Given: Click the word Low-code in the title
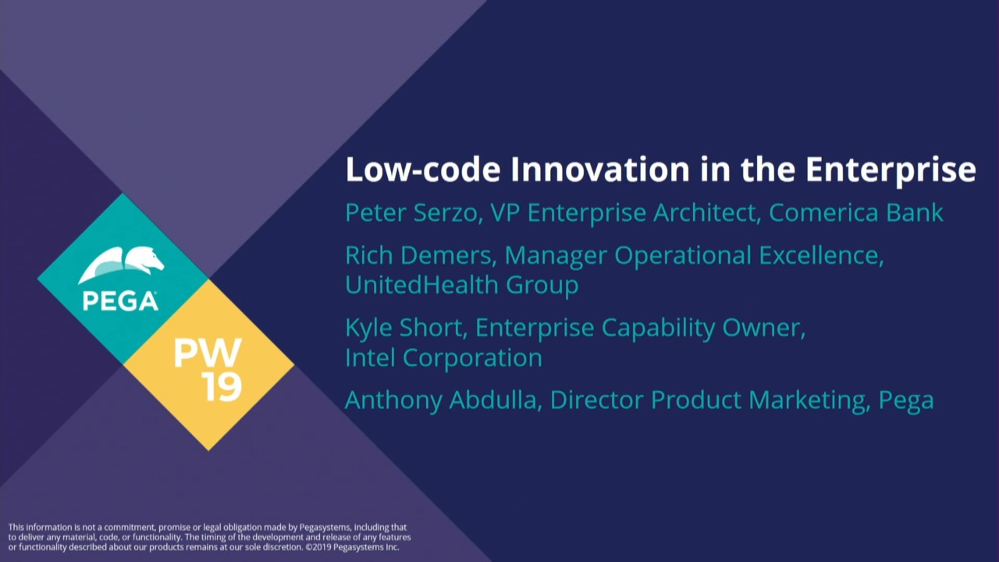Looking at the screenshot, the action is coord(423,169).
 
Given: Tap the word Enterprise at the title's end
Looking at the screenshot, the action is coord(891,170).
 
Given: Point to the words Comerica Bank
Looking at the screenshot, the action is coord(856,212).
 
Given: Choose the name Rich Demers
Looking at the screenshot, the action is coord(421,255).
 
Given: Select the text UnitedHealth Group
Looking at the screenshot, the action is coord(462,285).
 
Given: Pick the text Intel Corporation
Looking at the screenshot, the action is coord(444,357).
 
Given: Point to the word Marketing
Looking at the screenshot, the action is coord(806,400).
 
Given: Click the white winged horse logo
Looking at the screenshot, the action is coord(121,265).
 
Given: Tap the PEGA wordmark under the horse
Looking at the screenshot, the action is coord(120,301).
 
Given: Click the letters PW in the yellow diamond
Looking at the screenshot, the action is coord(208,353).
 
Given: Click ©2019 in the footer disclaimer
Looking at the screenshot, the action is coord(318,547).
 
